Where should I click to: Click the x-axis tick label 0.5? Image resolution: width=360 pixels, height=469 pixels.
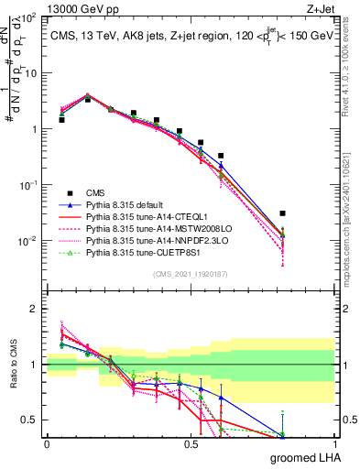pyautogui.click(x=191, y=444)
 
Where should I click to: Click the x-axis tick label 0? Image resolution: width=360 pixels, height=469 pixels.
pyautogui.click(x=47, y=444)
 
